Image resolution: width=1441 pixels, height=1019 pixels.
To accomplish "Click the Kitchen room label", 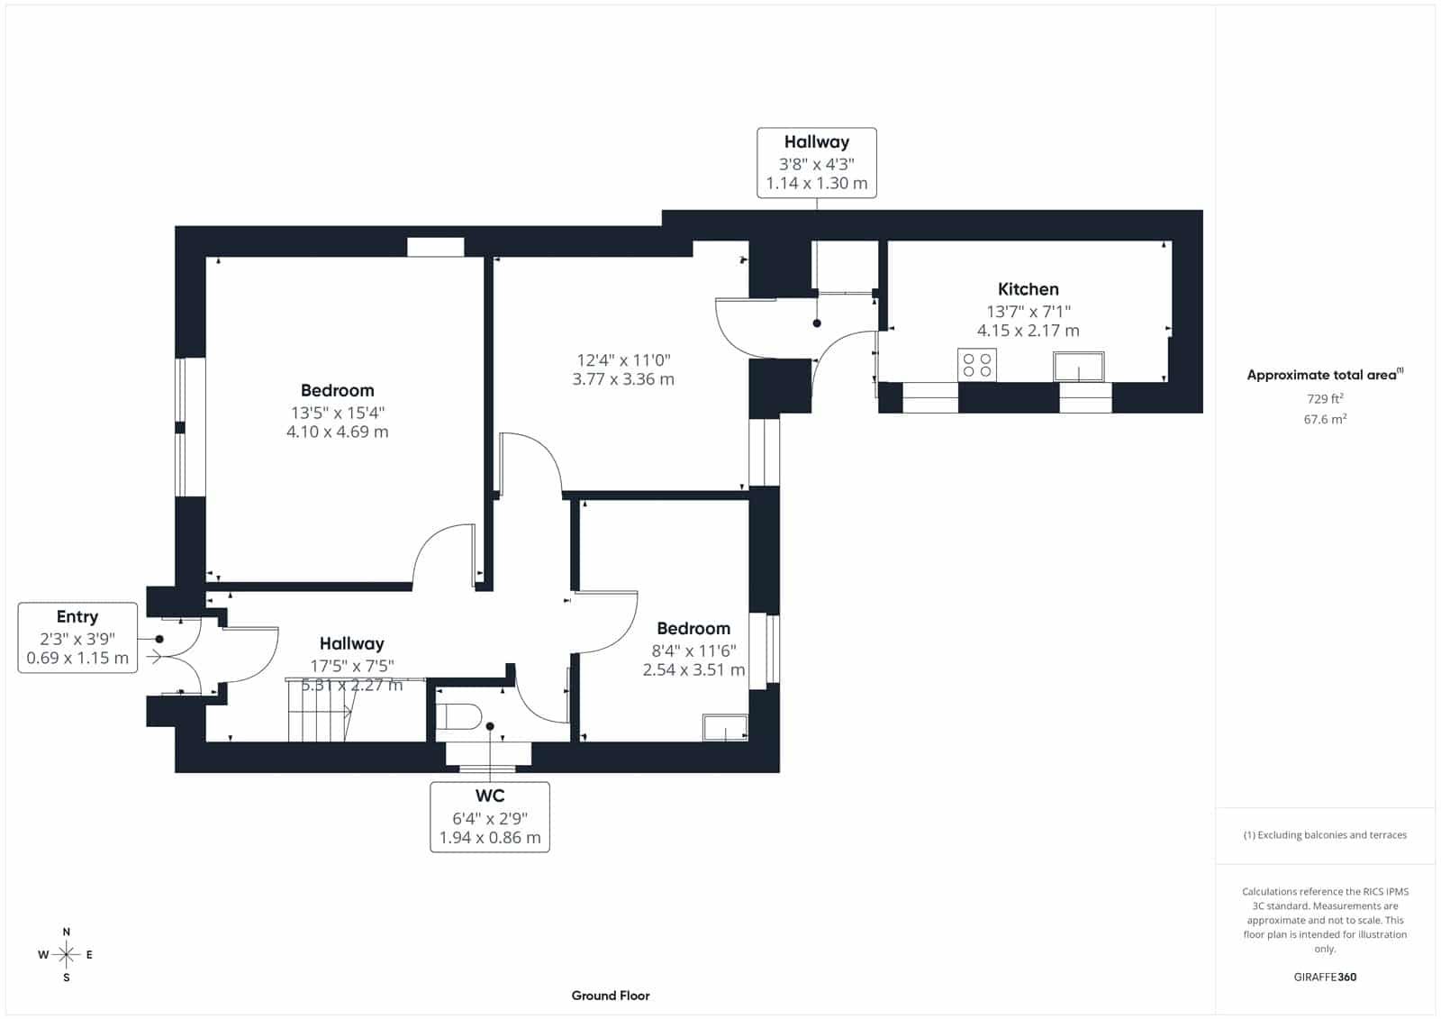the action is click(x=1028, y=289).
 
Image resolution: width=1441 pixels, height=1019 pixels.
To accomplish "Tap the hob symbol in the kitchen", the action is click(x=976, y=365).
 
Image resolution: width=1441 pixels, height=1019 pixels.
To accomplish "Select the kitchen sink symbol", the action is click(x=1078, y=367).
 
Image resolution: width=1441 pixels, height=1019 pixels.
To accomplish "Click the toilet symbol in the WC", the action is click(x=458, y=716).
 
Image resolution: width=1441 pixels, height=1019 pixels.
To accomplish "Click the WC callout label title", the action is click(x=490, y=796).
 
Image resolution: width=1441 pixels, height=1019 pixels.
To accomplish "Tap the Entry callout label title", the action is click(x=77, y=616).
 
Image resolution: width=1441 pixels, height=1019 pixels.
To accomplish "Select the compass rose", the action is click(x=67, y=955).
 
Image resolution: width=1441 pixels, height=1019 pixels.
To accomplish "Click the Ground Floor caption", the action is click(x=611, y=996).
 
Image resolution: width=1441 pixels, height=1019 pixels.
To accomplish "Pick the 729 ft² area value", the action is click(x=1325, y=398).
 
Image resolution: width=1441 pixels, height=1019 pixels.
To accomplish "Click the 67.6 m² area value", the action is click(x=1325, y=419).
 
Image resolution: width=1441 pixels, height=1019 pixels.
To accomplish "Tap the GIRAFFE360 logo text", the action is click(x=1325, y=977).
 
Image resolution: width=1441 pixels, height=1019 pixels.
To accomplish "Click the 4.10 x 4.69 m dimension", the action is click(x=337, y=432).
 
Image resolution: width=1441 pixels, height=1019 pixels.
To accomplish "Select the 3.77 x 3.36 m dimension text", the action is click(x=623, y=379).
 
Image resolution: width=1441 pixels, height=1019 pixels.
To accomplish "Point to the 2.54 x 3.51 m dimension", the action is click(x=693, y=669).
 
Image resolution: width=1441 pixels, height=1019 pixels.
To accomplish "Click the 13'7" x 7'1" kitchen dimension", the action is click(x=1028, y=312).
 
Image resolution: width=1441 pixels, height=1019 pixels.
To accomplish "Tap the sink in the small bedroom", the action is click(x=725, y=727).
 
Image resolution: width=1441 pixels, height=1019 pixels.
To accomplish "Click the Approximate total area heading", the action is click(x=1325, y=374).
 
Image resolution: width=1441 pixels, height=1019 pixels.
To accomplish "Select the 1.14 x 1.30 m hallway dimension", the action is click(x=816, y=183).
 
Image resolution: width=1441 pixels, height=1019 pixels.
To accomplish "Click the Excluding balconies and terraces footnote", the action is click(x=1325, y=835).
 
